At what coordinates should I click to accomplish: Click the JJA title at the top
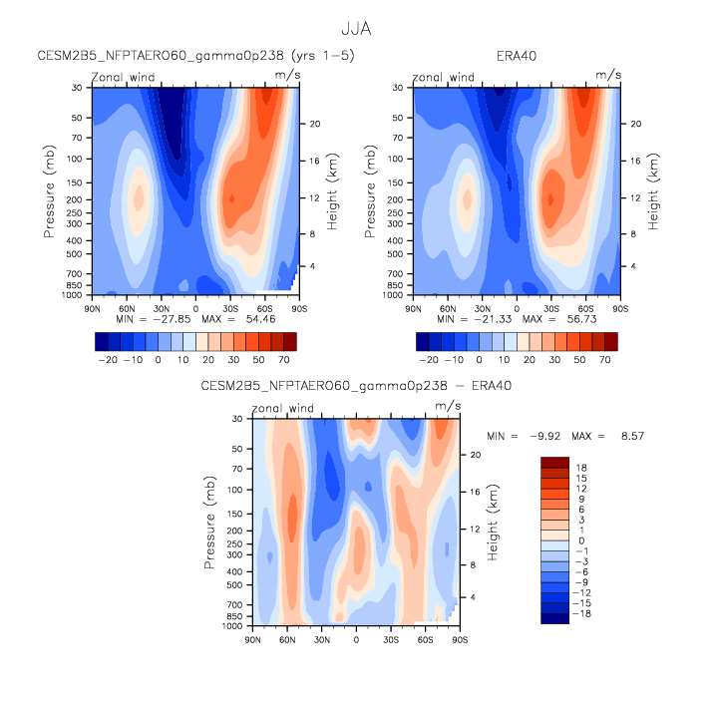tap(356, 31)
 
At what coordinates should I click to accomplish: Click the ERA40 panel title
tap(516, 56)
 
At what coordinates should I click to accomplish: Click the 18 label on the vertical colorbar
tap(579, 467)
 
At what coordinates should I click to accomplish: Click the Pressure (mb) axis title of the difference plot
tap(210, 522)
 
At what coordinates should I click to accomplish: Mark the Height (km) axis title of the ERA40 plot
tap(653, 191)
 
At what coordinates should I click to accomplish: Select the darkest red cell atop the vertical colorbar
tap(554, 463)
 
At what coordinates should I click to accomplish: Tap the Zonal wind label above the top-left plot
tap(124, 77)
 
